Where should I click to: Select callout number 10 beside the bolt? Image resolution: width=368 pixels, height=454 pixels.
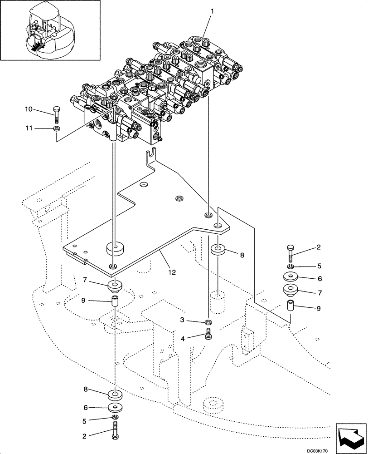[x=28, y=109]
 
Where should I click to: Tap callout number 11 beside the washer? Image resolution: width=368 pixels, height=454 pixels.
[x=28, y=129]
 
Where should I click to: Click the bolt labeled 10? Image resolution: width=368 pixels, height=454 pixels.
[x=56, y=115]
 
